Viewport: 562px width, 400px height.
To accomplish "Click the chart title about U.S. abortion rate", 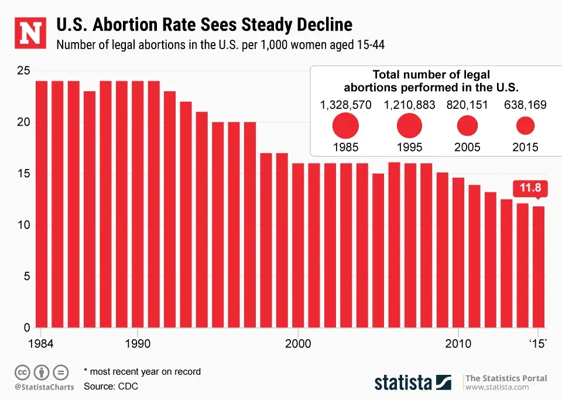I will click(x=204, y=25).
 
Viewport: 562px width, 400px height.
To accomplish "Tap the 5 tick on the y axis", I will click(x=26, y=277).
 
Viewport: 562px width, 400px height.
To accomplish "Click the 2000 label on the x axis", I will click(x=298, y=343).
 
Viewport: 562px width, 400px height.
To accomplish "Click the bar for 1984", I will click(x=42, y=204).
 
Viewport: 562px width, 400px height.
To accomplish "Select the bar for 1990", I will click(x=138, y=204).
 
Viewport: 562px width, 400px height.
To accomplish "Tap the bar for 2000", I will click(x=298, y=246).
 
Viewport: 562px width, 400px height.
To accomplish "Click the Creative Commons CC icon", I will click(x=22, y=371).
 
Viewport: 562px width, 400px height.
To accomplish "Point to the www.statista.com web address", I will click(x=497, y=387).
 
